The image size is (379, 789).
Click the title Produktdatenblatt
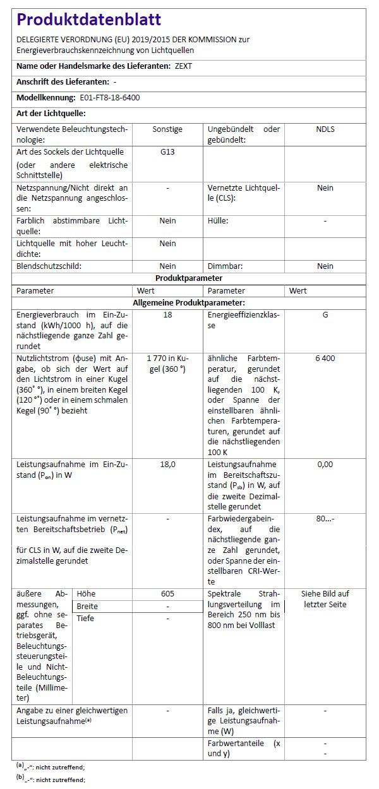pyautogui.click(x=88, y=20)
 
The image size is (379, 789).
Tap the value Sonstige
pyautogui.click(x=167, y=129)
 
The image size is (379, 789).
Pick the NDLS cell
pyautogui.click(x=325, y=129)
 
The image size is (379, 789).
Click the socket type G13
pyautogui.click(x=167, y=152)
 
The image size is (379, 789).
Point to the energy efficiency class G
pyautogui.click(x=325, y=314)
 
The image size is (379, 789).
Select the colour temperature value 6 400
pyautogui.click(x=325, y=359)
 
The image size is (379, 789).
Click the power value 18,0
pyautogui.click(x=167, y=464)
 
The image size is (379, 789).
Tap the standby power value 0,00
pyautogui.click(x=325, y=464)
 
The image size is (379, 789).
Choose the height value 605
pyautogui.click(x=167, y=594)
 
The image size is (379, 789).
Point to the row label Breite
pyautogui.click(x=87, y=606)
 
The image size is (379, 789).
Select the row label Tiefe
pyautogui.click(x=85, y=619)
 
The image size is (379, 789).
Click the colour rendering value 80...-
pyautogui.click(x=325, y=519)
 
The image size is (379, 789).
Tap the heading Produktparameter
pyautogui.click(x=189, y=278)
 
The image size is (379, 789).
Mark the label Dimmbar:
pyautogui.click(x=225, y=266)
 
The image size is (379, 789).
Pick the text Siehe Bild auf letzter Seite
pyautogui.click(x=325, y=599)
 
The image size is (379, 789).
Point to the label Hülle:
pyautogui.click(x=218, y=221)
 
